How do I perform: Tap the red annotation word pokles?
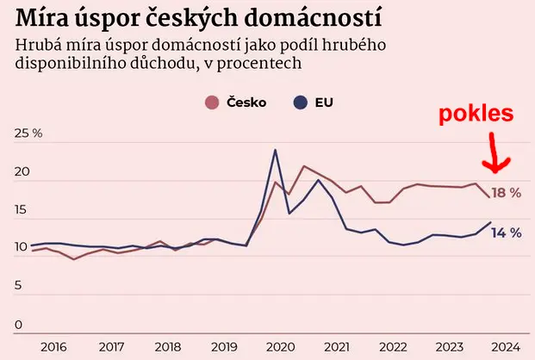476,115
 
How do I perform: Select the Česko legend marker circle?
212,102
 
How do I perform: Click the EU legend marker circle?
301,102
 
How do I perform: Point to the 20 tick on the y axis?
22,172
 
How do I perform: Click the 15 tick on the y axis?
22,210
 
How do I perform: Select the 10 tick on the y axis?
22,248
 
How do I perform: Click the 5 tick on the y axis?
19,286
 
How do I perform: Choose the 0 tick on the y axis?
19,325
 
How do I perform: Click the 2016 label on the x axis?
53,346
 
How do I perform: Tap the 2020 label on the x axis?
278,346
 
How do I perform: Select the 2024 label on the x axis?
505,346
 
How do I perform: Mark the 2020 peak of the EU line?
275,151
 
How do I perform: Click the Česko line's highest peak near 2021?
304,166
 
